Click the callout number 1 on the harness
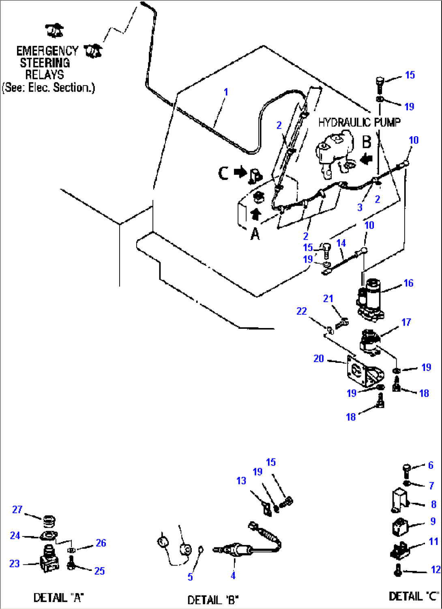coord(226,92)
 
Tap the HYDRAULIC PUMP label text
coord(359,122)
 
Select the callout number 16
coord(408,283)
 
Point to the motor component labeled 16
coord(371,300)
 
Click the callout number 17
coord(406,322)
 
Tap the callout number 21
coord(328,298)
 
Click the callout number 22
coord(301,311)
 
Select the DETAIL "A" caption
coord(58,597)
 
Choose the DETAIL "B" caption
coord(213,600)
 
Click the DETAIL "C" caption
coord(414,596)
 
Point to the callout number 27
coord(17,509)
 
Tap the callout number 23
coord(15,564)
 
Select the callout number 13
coord(241,480)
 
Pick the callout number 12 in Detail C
coord(436,570)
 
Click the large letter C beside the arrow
coord(223,173)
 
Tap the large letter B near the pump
coord(366,142)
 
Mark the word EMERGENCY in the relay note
coord(47,51)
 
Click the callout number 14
coord(341,243)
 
